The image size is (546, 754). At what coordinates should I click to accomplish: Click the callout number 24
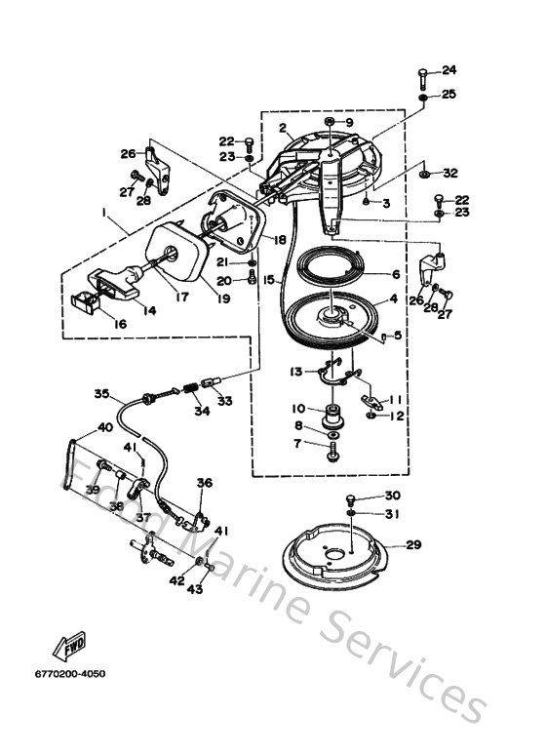click(448, 69)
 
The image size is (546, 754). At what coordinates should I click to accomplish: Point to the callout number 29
click(413, 544)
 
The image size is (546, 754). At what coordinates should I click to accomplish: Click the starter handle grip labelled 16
click(98, 297)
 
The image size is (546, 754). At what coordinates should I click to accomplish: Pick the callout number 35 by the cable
click(102, 395)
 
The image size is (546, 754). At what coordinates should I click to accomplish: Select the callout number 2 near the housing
click(282, 128)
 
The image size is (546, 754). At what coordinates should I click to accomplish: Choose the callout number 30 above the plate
click(393, 496)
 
